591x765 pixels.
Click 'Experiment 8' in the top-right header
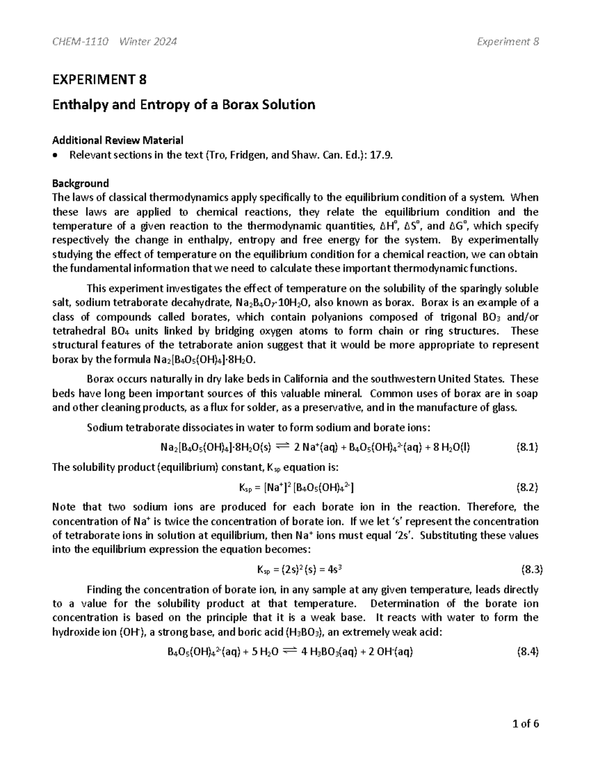[508, 41]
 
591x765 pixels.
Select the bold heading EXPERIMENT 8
[99, 79]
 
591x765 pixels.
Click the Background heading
[80, 184]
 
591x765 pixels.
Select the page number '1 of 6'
[525, 724]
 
